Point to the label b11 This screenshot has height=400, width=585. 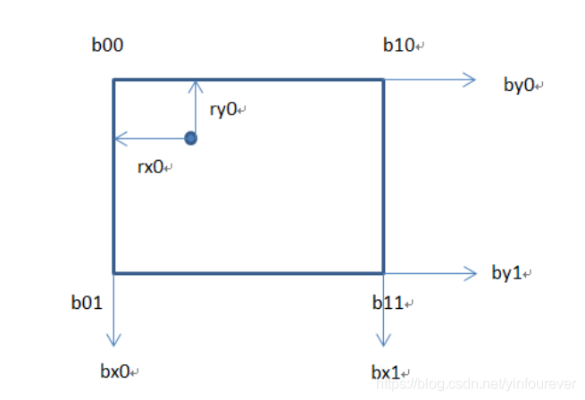(389, 304)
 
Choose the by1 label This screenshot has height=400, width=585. (508, 272)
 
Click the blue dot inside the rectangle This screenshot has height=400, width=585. (190, 138)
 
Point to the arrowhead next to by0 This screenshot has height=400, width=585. (472, 79)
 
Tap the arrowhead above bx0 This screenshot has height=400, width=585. (113, 341)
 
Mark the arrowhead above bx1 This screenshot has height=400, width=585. (384, 341)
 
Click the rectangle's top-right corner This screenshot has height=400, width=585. (383, 80)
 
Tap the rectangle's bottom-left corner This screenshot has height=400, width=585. (113, 272)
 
